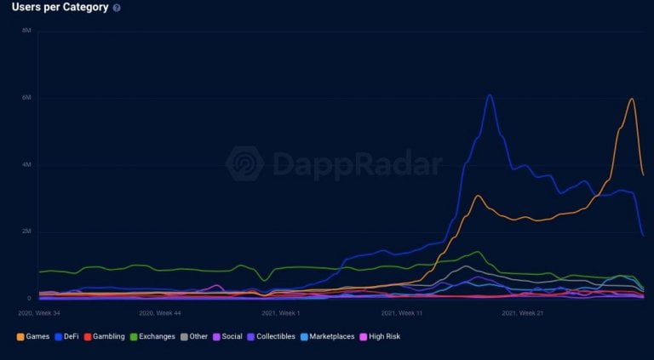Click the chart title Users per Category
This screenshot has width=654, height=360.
[60, 8]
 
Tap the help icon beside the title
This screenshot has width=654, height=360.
[117, 8]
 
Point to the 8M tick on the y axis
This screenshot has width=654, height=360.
[27, 31]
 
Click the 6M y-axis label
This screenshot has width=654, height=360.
[27, 98]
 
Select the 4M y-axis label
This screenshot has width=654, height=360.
[27, 164]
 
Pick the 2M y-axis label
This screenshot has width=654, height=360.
[27, 231]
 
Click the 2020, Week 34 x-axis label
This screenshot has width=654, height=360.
[40, 313]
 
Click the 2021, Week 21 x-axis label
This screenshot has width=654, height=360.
[523, 313]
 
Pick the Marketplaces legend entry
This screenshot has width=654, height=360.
[325, 336]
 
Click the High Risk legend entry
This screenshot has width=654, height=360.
[380, 336]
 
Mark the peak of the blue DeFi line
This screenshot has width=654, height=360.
[490, 94]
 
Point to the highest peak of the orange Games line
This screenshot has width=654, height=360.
[631, 99]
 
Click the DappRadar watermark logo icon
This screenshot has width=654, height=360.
[245, 163]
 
